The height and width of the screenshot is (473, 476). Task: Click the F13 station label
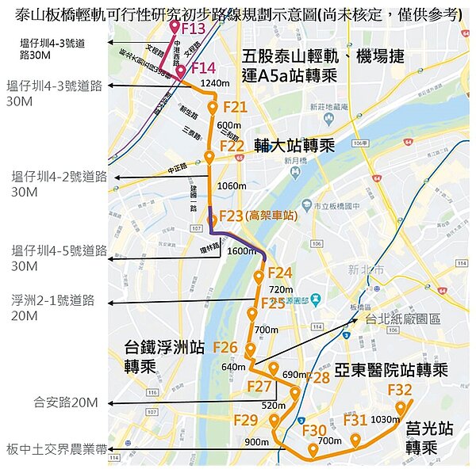tap(193, 29)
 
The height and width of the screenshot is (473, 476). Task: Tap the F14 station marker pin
tap(181, 73)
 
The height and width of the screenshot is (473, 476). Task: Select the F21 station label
tap(235, 107)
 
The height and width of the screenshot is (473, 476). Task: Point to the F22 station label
tap(232, 146)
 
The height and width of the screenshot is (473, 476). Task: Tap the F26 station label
tap(225, 347)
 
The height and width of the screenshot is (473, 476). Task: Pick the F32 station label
tap(400, 390)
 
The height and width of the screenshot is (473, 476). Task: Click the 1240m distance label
tap(215, 82)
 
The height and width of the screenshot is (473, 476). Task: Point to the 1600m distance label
tap(242, 250)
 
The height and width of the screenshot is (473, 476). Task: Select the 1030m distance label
tap(385, 419)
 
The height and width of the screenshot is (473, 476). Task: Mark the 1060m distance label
tap(231, 186)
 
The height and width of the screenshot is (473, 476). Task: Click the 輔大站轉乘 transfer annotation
tap(295, 147)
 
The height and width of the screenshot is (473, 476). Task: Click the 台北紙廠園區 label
tap(402, 319)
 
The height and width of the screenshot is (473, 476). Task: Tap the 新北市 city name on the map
tap(366, 270)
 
